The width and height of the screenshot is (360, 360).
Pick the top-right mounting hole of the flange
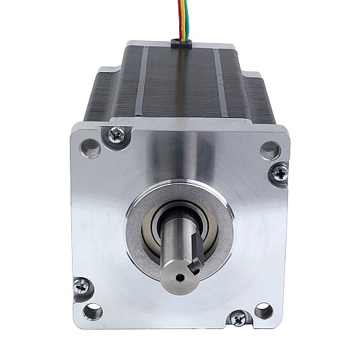tap(269, 150)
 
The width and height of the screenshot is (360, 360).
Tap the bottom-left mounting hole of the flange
tap(92, 312)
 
